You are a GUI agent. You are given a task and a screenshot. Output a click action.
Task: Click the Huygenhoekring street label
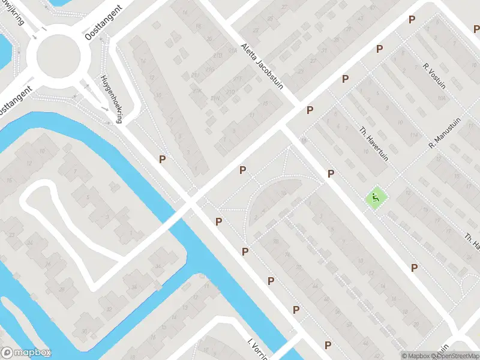(112, 99)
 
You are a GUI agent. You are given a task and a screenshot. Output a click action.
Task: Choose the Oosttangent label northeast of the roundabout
(104, 23)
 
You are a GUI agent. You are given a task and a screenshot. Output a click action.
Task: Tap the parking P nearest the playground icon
(331, 173)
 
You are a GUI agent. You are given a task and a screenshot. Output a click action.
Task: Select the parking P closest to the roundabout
(162, 159)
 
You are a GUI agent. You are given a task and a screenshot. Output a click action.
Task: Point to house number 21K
(196, 91)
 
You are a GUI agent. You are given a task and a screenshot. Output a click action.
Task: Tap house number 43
(360, 18)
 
